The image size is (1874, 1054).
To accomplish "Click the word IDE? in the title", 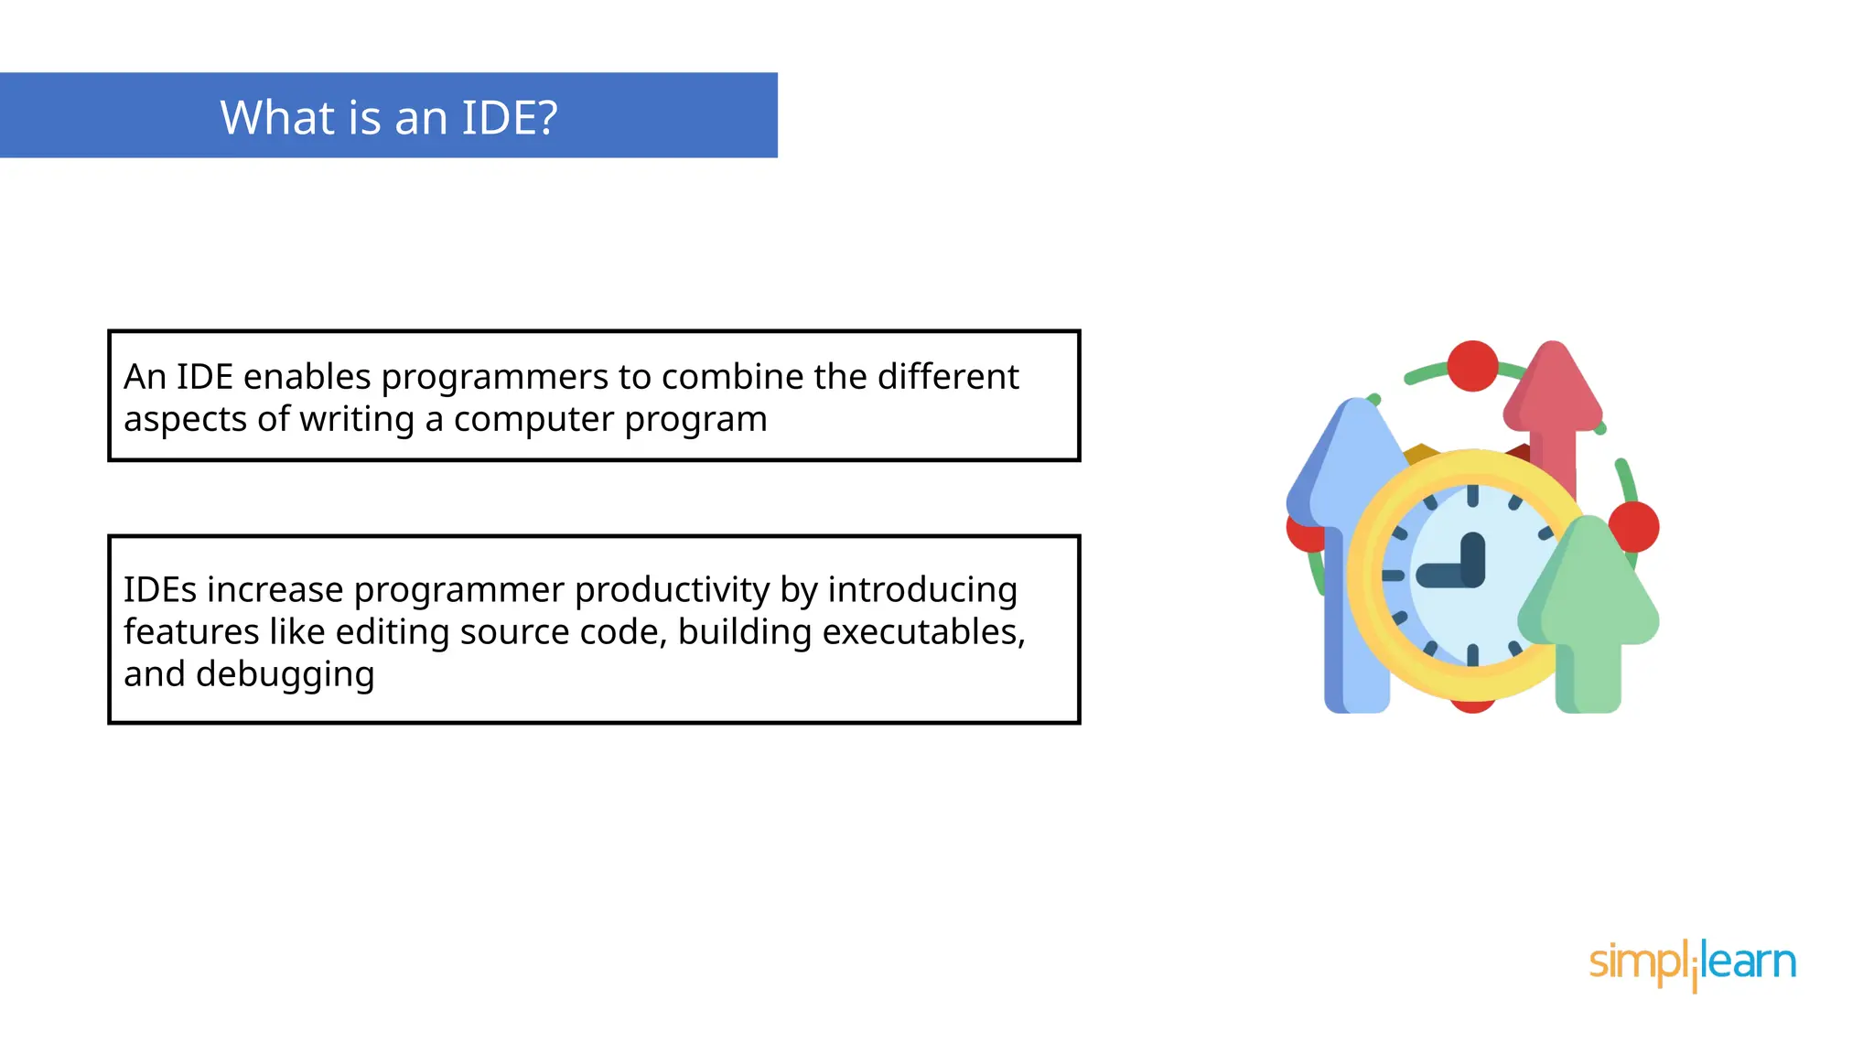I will pos(509,118).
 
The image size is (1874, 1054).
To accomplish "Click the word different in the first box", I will pos(948,377).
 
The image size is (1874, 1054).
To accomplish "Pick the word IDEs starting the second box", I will pos(160,590).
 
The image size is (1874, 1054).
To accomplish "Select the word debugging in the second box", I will pos(285,674).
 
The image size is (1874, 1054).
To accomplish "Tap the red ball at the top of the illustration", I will pos(1472,366).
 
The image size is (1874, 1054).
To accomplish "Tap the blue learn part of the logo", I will pos(1748,962).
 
